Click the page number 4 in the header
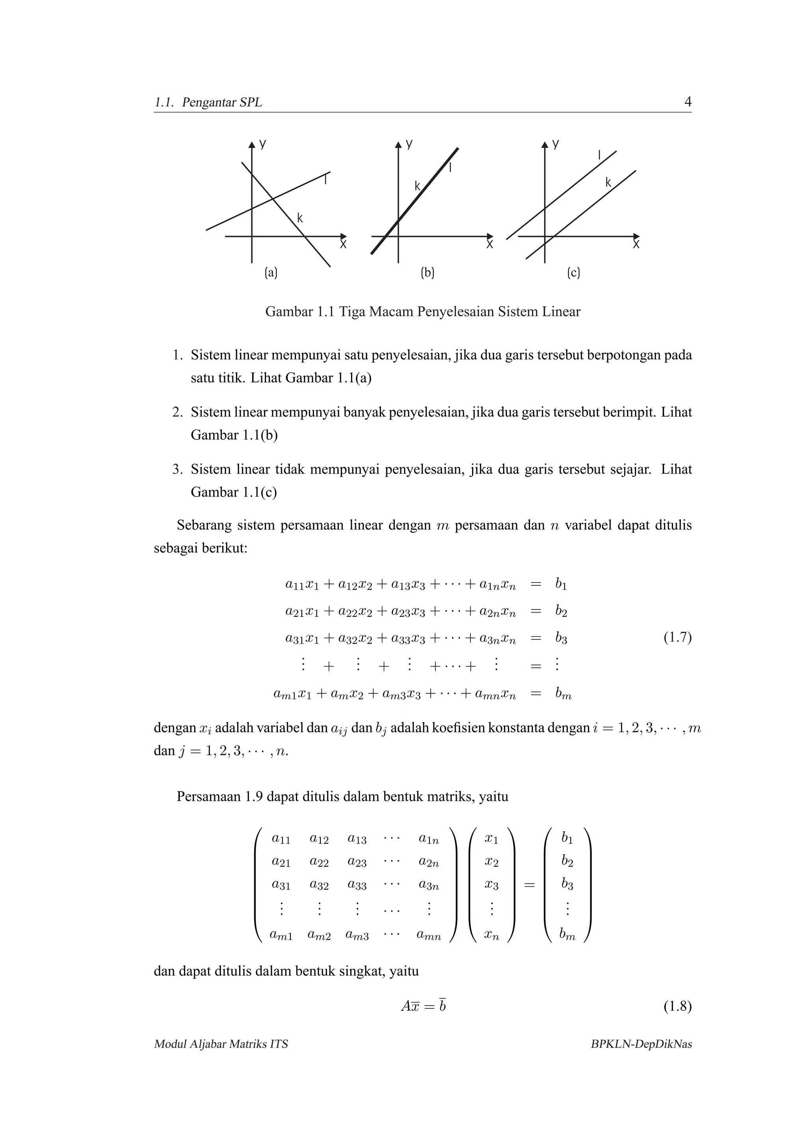click(x=688, y=102)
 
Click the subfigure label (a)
click(x=271, y=272)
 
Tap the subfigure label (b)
click(x=427, y=272)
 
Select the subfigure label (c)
click(x=573, y=272)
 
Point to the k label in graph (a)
click(x=300, y=218)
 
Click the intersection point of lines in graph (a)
click(x=272, y=199)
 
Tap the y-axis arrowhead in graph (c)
click(x=545, y=144)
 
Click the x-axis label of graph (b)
click(x=489, y=245)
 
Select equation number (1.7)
click(x=677, y=637)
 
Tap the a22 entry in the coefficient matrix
click(x=319, y=862)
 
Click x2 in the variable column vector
click(x=491, y=862)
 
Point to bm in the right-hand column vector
click(x=567, y=936)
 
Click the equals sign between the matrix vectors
click(x=530, y=885)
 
